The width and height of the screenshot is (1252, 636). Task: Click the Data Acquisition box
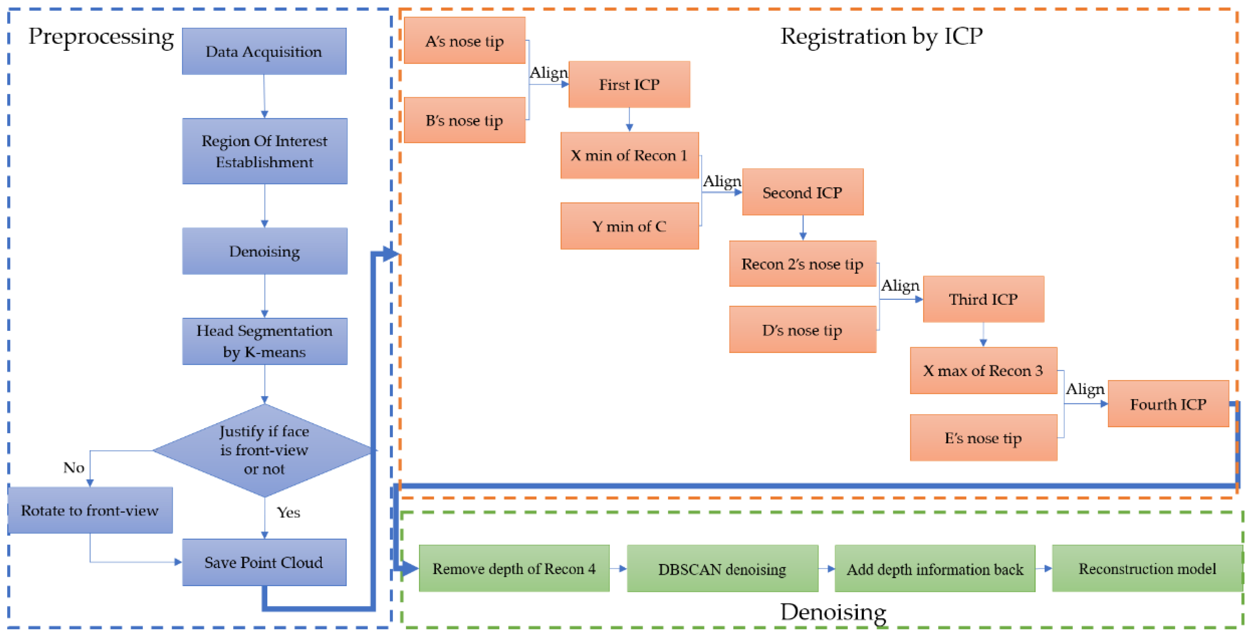pos(264,51)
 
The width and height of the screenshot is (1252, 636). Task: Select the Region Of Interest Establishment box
pos(264,151)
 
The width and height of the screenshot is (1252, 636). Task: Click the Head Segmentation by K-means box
pos(264,341)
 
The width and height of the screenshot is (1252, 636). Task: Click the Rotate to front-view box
pos(90,510)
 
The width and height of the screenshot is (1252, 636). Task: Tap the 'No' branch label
pos(74,468)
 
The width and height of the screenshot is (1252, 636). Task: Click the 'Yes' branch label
pos(288,513)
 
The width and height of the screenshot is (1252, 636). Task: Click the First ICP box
pos(629,85)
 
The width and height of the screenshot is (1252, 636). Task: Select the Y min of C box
pos(629,226)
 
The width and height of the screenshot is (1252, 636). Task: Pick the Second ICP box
pos(802,193)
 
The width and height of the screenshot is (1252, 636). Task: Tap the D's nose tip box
pos(802,330)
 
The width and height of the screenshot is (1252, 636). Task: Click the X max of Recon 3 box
pos(983,370)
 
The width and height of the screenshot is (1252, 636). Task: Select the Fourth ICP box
pos(1168,404)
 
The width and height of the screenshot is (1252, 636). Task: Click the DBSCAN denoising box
pos(722,569)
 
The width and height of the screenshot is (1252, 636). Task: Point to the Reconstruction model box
pos(1147,569)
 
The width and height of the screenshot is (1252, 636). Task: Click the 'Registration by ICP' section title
pos(881,36)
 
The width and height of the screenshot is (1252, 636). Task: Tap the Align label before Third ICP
pos(900,285)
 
